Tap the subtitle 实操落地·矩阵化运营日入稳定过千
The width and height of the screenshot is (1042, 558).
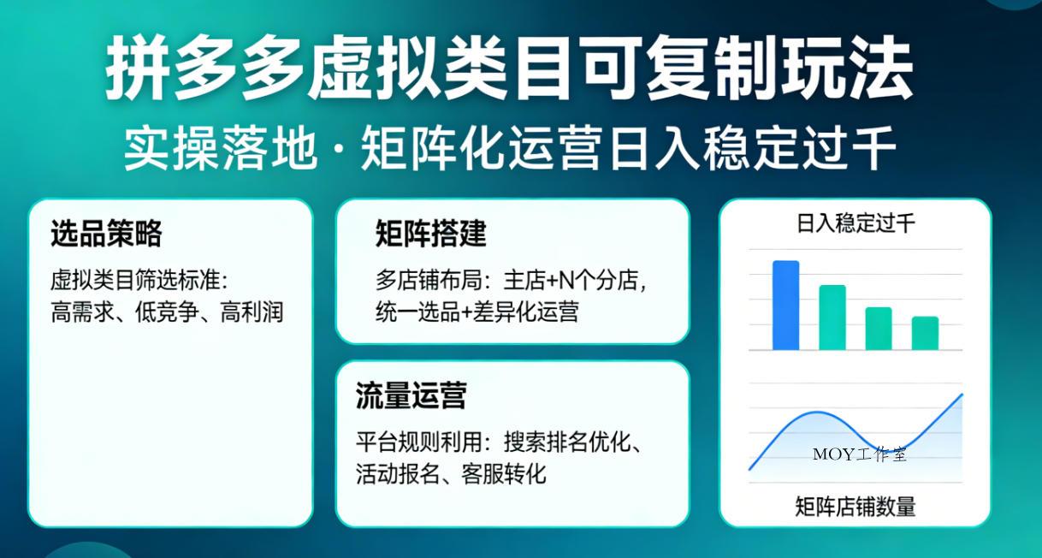tap(510, 150)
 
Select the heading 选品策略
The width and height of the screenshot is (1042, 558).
tap(106, 233)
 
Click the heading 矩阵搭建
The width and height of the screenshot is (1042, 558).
tap(430, 233)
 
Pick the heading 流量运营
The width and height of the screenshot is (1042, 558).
tap(411, 396)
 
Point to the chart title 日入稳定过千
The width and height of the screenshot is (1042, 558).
tap(856, 224)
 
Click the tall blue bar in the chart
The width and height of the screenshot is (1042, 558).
tap(785, 306)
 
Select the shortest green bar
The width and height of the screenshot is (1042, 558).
tap(925, 333)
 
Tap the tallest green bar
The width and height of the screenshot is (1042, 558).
tap(832, 318)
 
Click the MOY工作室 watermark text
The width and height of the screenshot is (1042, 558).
tap(860, 454)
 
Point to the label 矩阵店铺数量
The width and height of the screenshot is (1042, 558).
tap(856, 507)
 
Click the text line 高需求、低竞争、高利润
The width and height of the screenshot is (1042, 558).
tap(167, 312)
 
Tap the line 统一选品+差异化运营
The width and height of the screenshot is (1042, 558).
tap(477, 312)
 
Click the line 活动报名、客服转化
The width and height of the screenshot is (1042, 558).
tap(451, 473)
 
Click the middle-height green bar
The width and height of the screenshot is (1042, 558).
tap(879, 329)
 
